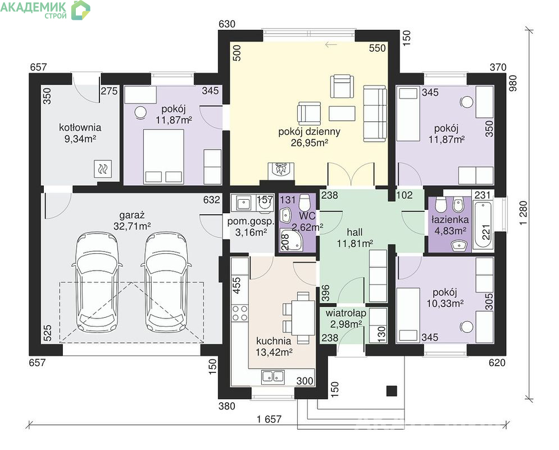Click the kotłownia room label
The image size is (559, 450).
[x=80, y=127]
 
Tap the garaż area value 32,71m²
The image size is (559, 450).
[x=132, y=226]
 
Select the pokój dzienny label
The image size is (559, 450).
[x=309, y=132]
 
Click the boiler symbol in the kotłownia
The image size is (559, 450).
[x=103, y=168]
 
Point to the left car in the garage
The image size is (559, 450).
[x=97, y=282]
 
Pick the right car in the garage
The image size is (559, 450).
[x=166, y=282]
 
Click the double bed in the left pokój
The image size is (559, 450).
[x=163, y=156]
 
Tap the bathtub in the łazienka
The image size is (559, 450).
[x=483, y=225]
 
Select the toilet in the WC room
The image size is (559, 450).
[x=305, y=202]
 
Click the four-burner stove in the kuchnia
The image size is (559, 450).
[x=240, y=313]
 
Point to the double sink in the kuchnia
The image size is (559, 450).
[x=273, y=376]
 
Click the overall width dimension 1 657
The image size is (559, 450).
[x=269, y=419]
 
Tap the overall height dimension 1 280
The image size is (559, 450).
[x=523, y=213]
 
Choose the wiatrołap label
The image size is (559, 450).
[x=346, y=313]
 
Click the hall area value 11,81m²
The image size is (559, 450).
[x=355, y=244]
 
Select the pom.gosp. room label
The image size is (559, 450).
[x=251, y=221]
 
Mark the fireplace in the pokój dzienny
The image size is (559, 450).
[x=281, y=170]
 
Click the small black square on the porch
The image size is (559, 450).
[x=392, y=391]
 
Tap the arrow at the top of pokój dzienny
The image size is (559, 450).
[x=331, y=44]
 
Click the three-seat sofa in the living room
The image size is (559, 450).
[x=375, y=114]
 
